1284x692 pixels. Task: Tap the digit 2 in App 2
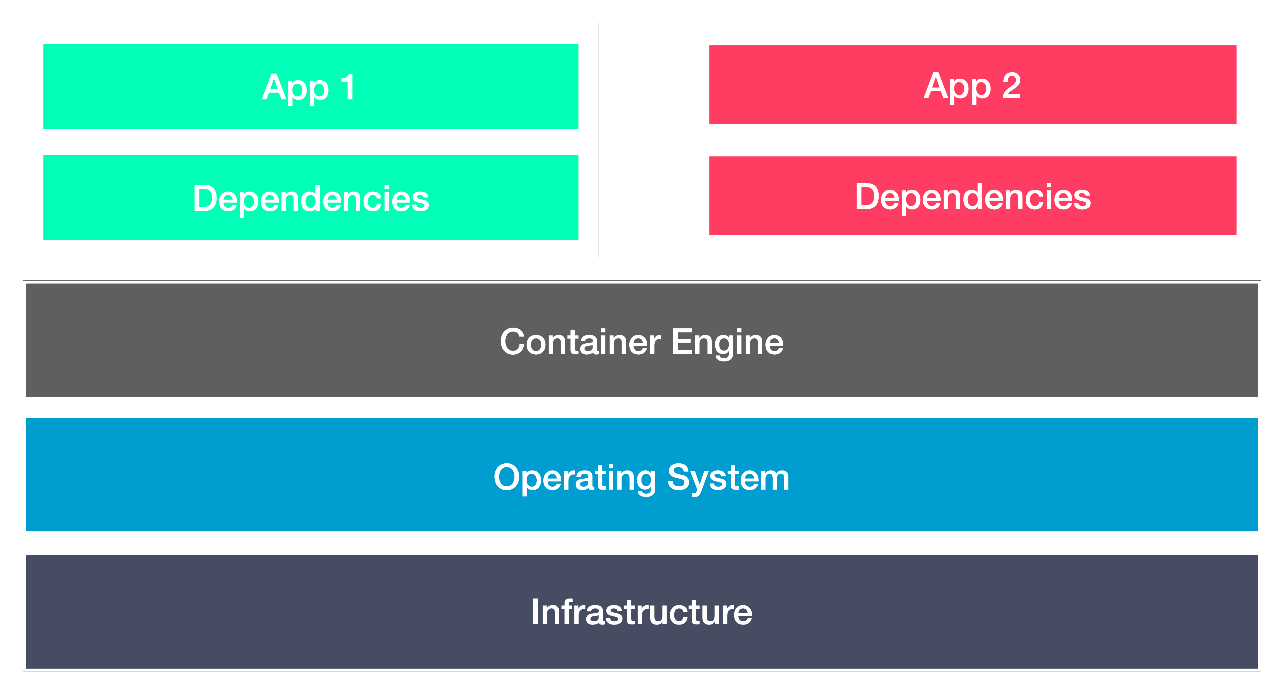tap(1011, 86)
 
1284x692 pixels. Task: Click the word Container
tap(580, 342)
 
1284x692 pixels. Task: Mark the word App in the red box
tap(957, 87)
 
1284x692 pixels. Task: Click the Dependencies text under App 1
tap(310, 199)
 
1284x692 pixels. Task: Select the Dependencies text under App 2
tap(972, 197)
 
